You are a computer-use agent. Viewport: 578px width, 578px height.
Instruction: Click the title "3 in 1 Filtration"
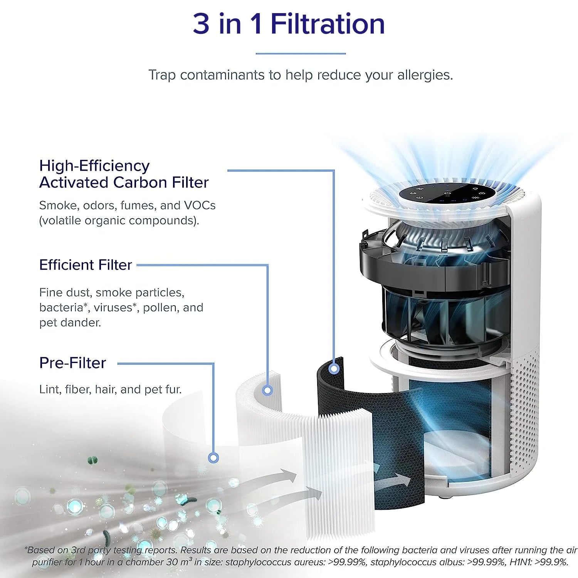[x=289, y=24]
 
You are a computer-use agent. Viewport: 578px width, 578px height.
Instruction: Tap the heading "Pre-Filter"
[x=72, y=363]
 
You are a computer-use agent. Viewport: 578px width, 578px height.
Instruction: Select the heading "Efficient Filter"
[x=86, y=265]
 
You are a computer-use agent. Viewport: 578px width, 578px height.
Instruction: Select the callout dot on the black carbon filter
[x=334, y=369]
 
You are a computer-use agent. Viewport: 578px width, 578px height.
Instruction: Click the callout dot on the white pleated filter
[x=267, y=390]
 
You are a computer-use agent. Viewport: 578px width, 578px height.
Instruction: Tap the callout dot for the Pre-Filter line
[x=213, y=458]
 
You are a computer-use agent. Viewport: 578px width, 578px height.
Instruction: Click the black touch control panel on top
[x=447, y=194]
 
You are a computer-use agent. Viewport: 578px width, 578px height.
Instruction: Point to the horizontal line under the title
[x=301, y=54]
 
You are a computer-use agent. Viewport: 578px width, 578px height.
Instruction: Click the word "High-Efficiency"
[x=94, y=166]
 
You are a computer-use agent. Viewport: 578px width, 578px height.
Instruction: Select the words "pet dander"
[x=70, y=323]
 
